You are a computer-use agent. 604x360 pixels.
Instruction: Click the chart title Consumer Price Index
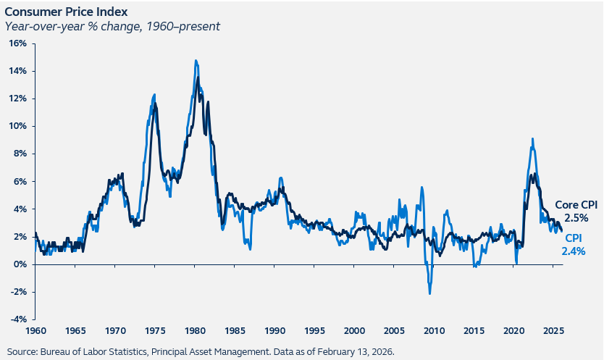[66, 12]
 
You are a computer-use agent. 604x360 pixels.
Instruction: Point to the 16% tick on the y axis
[18, 43]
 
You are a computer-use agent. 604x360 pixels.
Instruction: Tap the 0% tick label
[20, 264]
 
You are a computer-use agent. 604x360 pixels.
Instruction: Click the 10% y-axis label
[18, 126]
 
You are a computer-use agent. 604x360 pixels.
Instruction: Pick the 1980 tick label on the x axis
[195, 331]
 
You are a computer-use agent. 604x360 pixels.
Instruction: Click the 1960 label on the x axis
[35, 331]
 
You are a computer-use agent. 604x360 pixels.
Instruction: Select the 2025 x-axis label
[553, 331]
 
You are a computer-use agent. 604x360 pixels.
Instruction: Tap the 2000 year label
[354, 331]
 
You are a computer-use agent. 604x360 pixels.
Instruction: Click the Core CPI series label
[576, 205]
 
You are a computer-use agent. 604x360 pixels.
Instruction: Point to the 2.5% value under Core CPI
[576, 218]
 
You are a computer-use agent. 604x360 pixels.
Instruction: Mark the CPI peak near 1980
[196, 60]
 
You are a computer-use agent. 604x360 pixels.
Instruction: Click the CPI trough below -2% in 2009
[429, 294]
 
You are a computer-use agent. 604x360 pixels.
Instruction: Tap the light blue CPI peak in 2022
[532, 139]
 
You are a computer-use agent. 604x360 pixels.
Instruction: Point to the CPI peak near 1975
[154, 94]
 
